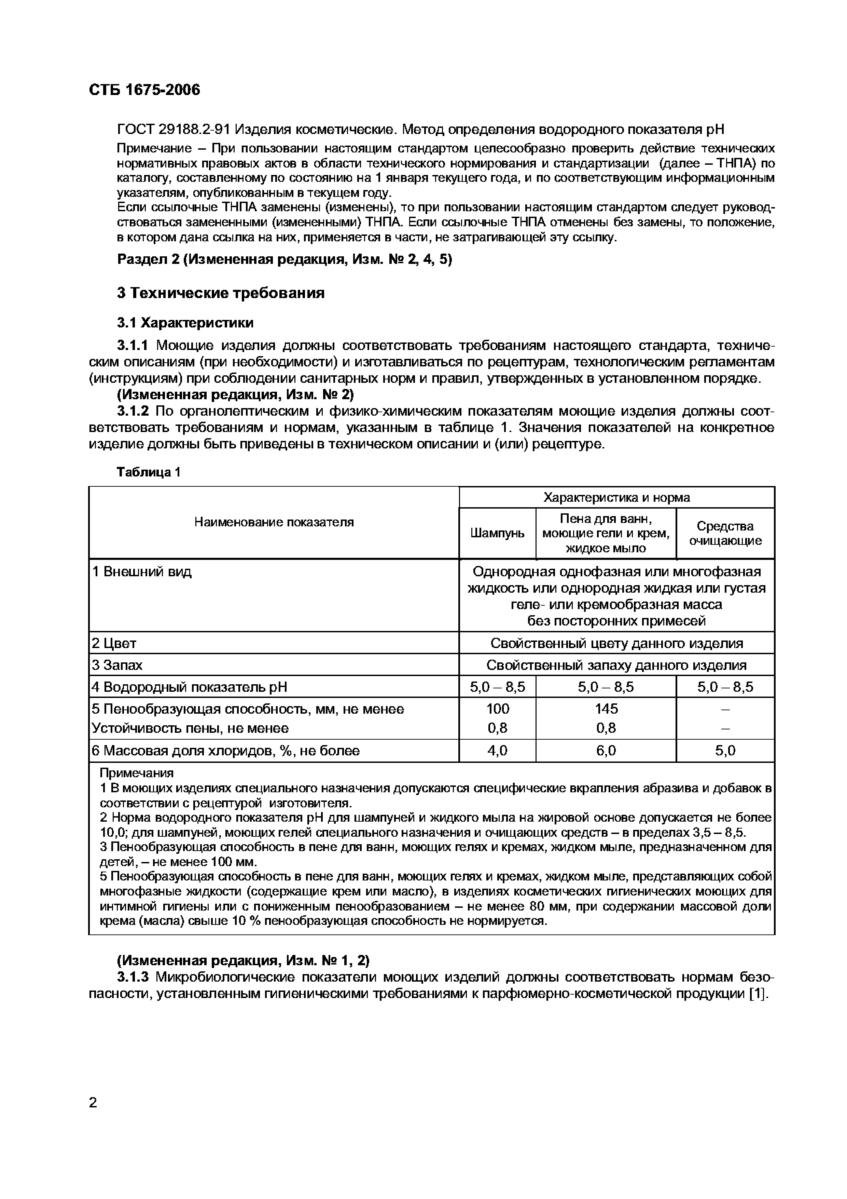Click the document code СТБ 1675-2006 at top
pyautogui.click(x=144, y=90)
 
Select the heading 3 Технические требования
pyautogui.click(x=220, y=293)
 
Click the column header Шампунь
pyautogui.click(x=497, y=533)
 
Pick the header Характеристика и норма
pyautogui.click(x=616, y=497)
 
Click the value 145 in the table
pyautogui.click(x=606, y=709)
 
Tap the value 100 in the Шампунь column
pyautogui.click(x=497, y=709)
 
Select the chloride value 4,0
pyautogui.click(x=497, y=751)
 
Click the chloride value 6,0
pyautogui.click(x=606, y=751)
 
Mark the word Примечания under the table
pyautogui.click(x=136, y=773)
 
